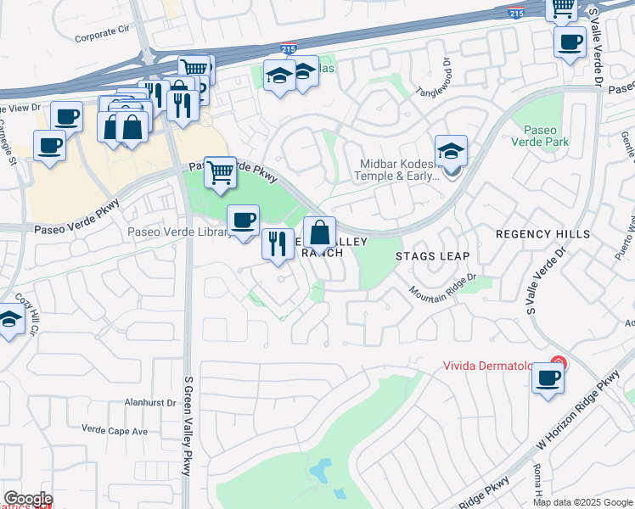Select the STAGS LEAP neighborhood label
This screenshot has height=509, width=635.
tap(432, 255)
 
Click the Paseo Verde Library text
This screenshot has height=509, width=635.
tap(177, 232)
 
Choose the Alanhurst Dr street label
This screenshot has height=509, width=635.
tap(149, 403)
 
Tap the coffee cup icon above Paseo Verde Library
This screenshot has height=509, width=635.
tap(243, 221)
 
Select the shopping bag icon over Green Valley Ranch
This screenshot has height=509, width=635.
tap(320, 232)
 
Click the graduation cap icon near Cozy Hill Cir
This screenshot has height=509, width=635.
tap(9, 321)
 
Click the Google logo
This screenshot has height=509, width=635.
tap(28, 499)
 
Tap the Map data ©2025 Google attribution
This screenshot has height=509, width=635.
tap(582, 502)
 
